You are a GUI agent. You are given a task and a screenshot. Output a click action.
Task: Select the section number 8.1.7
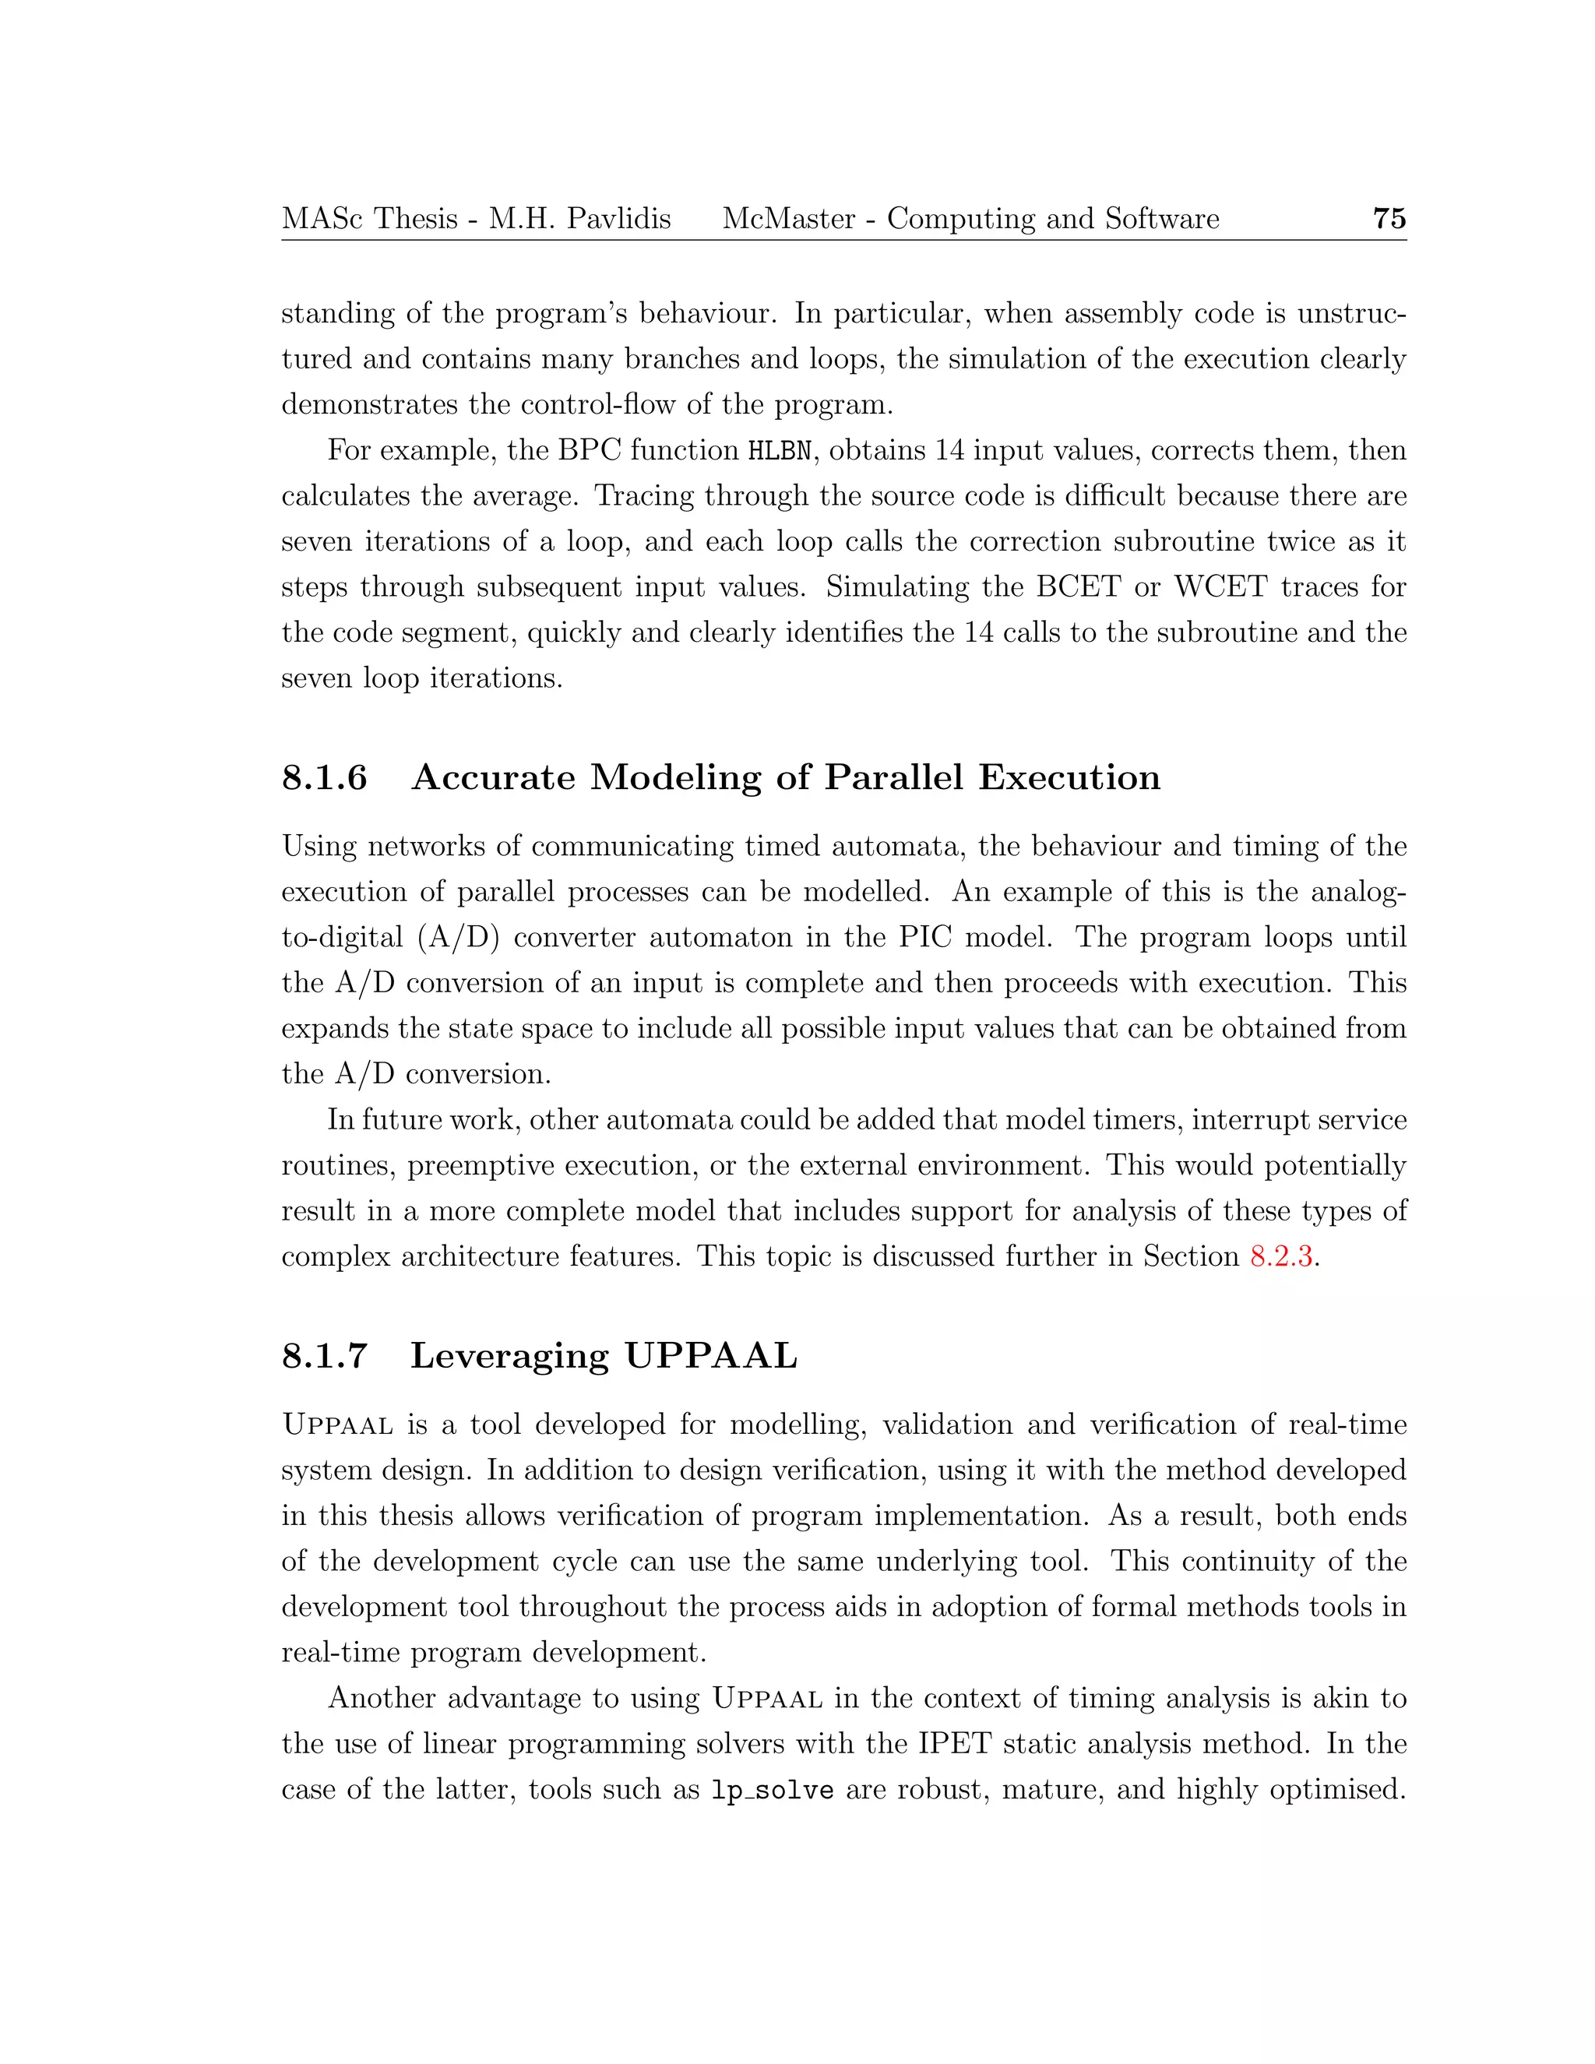324,1355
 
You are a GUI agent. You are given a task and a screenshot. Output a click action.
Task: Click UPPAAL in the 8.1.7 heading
710,1355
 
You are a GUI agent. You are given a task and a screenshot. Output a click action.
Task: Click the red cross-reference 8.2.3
1280,1256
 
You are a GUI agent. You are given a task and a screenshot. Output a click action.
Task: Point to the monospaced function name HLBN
780,451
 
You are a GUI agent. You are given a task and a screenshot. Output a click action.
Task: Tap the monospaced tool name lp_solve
771,1790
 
